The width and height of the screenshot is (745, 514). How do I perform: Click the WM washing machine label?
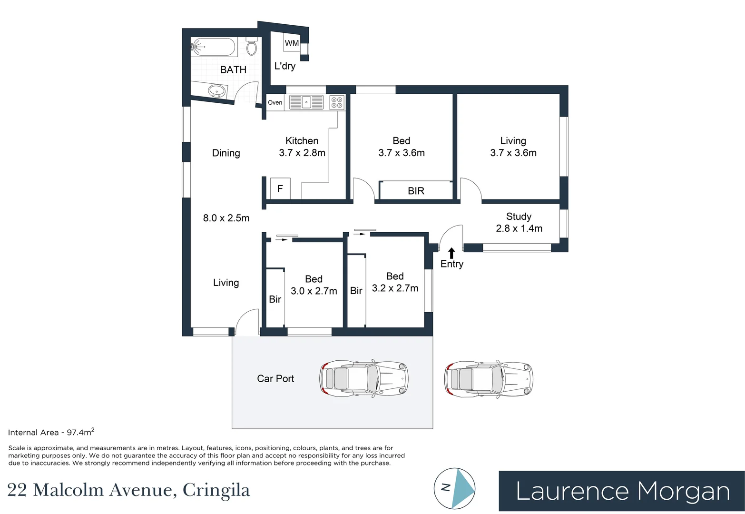(x=292, y=43)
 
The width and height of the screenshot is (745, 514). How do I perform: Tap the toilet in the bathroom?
(x=252, y=47)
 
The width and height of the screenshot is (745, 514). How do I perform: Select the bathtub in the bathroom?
(x=213, y=47)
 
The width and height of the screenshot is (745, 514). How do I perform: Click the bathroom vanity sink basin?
(x=216, y=90)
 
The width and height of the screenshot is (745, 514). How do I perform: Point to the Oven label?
(x=275, y=102)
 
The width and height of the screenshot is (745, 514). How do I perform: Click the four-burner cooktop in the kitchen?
(x=337, y=102)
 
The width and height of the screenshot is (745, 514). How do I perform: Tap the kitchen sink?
(x=306, y=102)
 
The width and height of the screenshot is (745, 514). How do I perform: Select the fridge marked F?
(x=280, y=188)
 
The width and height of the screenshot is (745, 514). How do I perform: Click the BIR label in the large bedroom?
(x=416, y=191)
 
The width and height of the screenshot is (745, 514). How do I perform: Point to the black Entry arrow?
(x=451, y=253)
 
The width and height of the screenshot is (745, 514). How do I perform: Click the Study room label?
(x=519, y=217)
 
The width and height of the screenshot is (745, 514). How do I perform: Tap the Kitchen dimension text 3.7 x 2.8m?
(x=302, y=153)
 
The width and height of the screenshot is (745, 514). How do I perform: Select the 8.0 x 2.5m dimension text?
(x=226, y=218)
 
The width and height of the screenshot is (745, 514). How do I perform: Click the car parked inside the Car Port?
(x=364, y=378)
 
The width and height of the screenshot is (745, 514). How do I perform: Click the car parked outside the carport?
(x=489, y=379)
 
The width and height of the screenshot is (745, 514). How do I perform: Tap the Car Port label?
(x=275, y=378)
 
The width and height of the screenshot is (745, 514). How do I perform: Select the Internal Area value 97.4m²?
(x=80, y=432)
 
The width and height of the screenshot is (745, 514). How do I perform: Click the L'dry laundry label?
(x=284, y=66)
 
